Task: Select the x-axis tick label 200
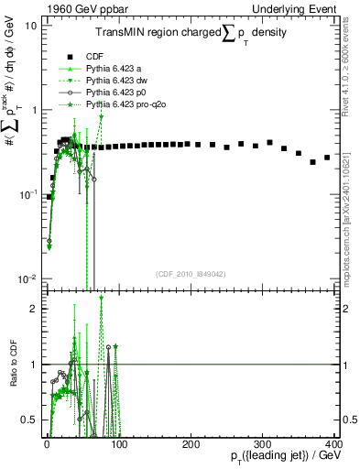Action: [191, 444]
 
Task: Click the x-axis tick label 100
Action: [118, 444]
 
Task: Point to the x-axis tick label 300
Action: [262, 444]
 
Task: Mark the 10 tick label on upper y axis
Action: [30, 26]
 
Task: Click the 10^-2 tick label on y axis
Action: [27, 278]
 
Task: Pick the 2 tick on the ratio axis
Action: [33, 309]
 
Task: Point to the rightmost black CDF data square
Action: [327, 158]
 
